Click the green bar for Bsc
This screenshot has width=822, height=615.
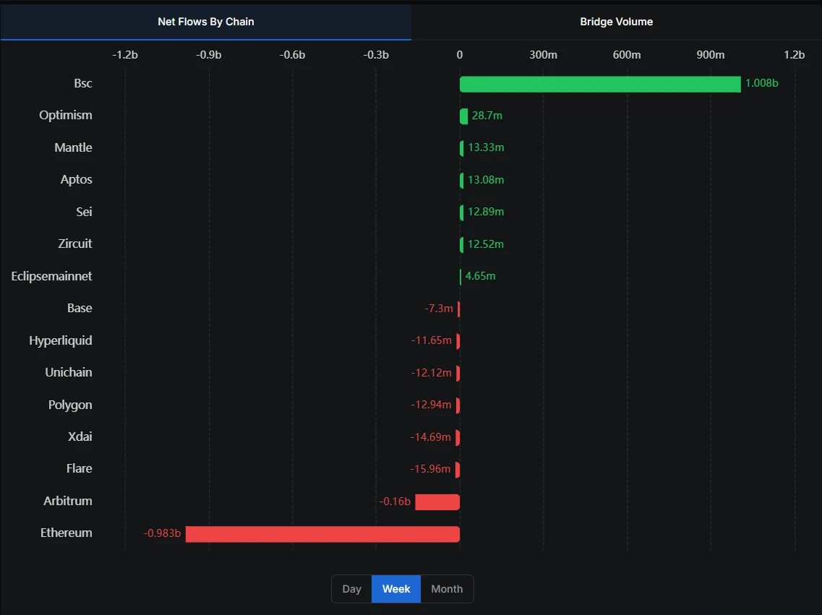coord(600,84)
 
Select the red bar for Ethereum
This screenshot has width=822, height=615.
coord(322,534)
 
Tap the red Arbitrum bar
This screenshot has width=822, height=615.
coord(437,502)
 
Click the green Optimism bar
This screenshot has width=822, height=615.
coord(464,116)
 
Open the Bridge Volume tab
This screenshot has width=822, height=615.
coord(616,22)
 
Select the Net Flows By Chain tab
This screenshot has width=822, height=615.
coord(206,22)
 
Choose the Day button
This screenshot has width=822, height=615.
coord(351,589)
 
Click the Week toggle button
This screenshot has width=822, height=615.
coord(396,589)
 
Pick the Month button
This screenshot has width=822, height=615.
coord(447,589)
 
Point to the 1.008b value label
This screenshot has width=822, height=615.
coord(761,83)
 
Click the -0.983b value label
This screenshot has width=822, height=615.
coord(163,534)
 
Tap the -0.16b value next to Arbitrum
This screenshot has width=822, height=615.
coord(395,502)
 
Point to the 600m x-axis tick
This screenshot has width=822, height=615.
coord(627,55)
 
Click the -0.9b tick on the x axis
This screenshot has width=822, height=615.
coord(209,55)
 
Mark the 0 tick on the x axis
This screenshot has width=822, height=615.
coord(460,55)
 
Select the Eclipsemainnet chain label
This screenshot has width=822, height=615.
coord(52,276)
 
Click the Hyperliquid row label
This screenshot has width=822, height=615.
coord(61,340)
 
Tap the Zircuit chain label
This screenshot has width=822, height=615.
coord(75,244)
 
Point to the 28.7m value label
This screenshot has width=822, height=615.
coord(487,116)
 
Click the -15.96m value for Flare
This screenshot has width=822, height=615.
coord(430,469)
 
